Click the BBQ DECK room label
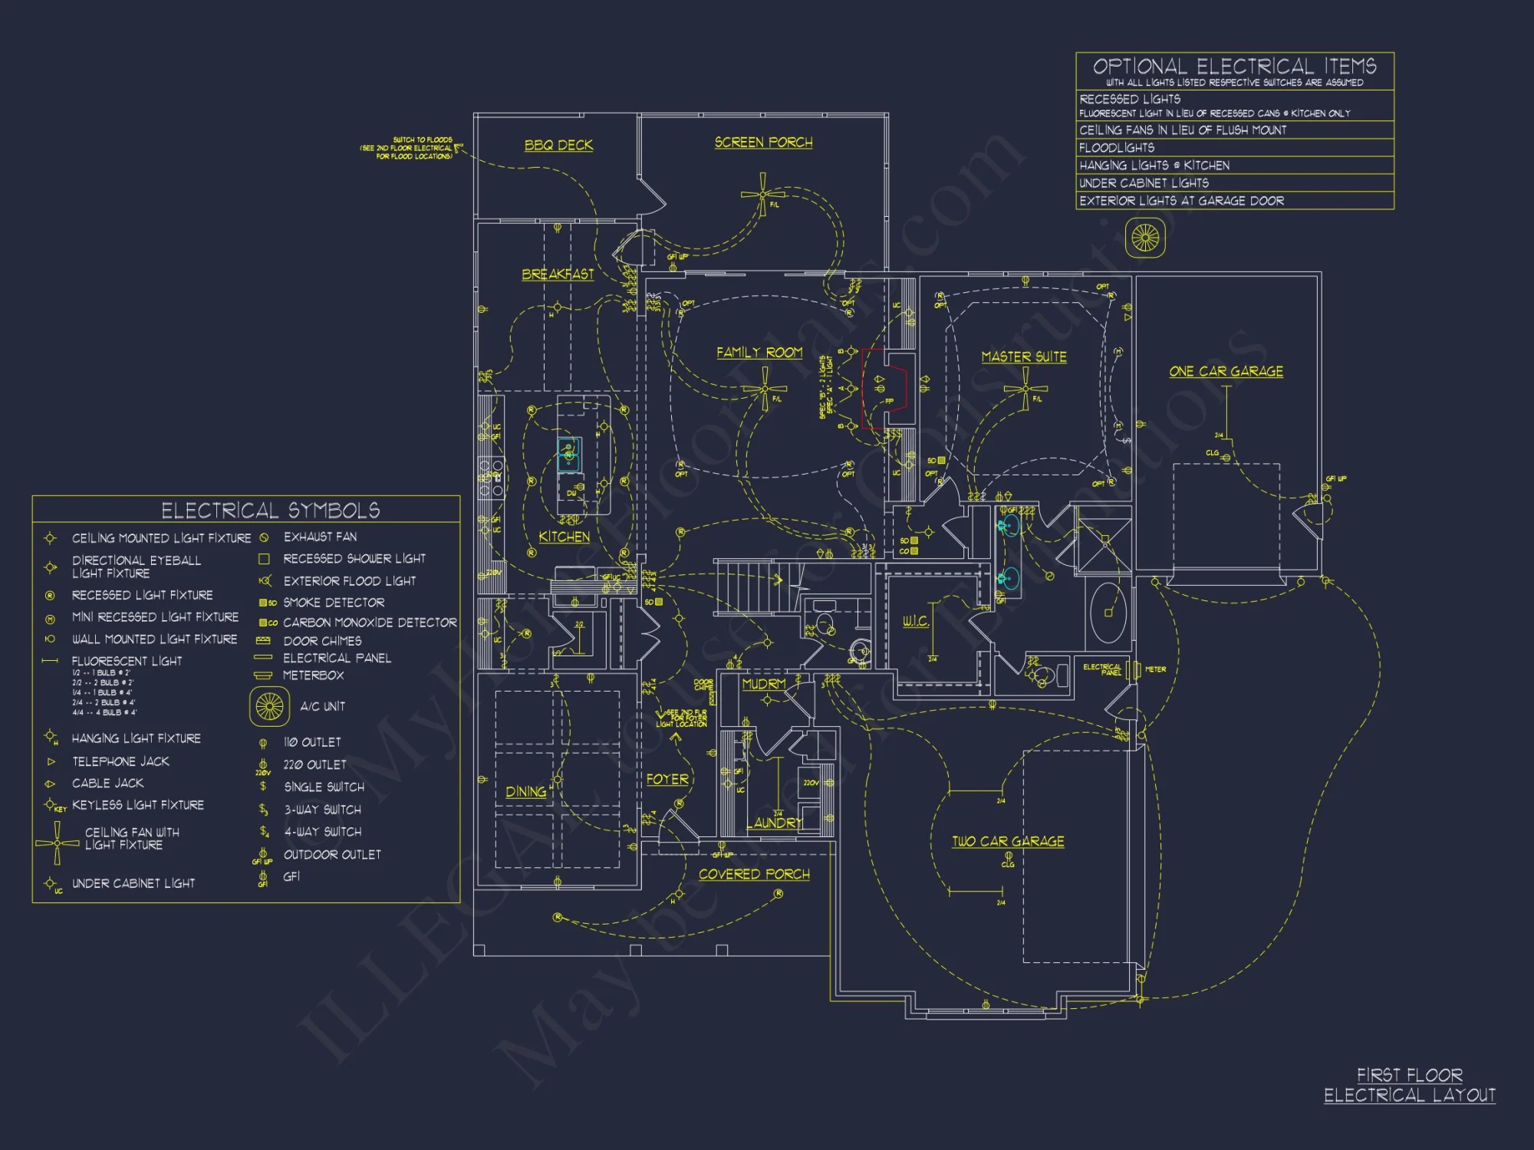(558, 145)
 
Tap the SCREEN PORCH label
(763, 143)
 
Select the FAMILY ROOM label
(759, 352)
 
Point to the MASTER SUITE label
(1024, 356)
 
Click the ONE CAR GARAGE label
(1226, 371)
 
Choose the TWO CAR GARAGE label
(1008, 841)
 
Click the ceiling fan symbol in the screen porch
(762, 194)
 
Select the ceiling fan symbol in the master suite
(1025, 389)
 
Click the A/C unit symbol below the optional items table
(1145, 238)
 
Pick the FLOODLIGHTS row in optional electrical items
(1234, 147)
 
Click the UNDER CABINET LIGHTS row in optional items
(1234, 182)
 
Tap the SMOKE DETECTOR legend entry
(334, 603)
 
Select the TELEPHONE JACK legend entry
(120, 761)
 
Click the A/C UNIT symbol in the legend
(269, 706)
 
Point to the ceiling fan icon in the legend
(57, 843)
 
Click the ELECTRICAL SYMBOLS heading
(270, 510)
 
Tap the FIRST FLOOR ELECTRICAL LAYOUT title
(1410, 1085)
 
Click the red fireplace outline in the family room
(885, 388)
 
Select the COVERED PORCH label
(754, 874)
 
